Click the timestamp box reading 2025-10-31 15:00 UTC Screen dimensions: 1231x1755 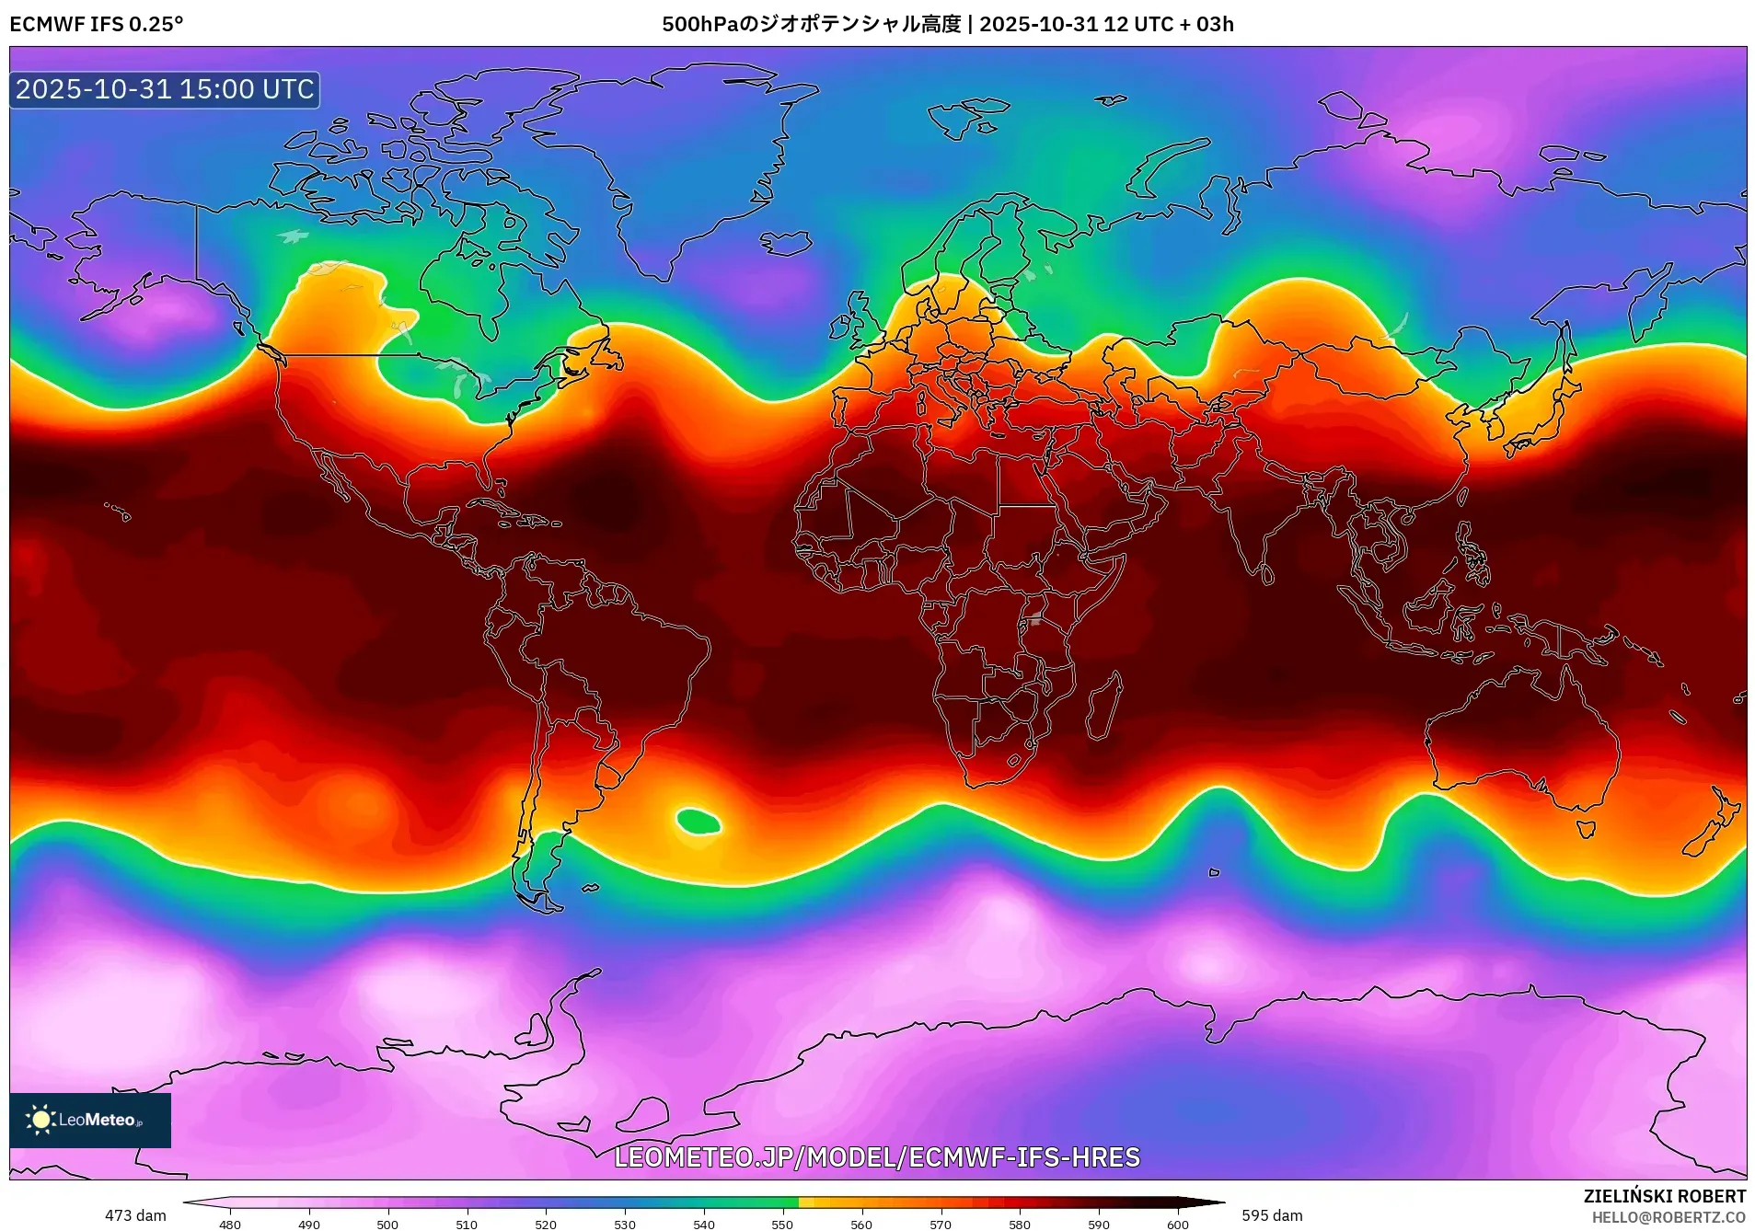coord(165,89)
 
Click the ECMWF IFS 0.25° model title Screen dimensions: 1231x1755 coord(97,24)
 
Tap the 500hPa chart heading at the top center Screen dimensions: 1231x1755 coord(947,24)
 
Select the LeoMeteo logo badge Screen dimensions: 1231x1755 coord(90,1120)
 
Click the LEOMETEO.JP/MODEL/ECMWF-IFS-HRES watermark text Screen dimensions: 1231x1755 coord(876,1157)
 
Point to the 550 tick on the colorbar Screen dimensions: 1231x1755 coord(782,1224)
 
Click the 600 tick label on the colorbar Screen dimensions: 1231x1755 coord(1177,1224)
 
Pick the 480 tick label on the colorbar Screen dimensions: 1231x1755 coord(230,1224)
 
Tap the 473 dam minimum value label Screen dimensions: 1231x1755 coord(135,1215)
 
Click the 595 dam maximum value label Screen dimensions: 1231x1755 coord(1272,1215)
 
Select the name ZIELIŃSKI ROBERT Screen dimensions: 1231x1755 coord(1664,1196)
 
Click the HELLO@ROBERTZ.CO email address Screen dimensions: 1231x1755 coord(1668,1217)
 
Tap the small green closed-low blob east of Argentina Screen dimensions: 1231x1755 coord(698,821)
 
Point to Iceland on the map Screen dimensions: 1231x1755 coord(785,243)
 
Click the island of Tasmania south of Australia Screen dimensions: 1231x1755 coord(1586,829)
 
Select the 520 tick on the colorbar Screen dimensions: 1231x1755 coord(546,1224)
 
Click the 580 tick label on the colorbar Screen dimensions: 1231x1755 coord(1020,1224)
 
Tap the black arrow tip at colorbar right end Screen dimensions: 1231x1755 coord(1219,1202)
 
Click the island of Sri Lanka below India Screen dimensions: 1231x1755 coord(1267,575)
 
